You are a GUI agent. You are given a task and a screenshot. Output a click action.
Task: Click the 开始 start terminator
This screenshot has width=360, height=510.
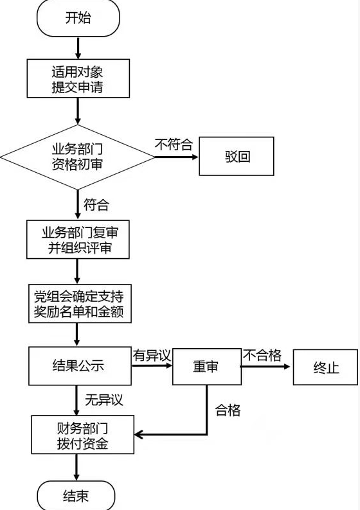pos(78,17)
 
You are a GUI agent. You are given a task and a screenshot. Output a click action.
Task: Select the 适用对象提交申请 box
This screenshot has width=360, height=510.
pos(78,78)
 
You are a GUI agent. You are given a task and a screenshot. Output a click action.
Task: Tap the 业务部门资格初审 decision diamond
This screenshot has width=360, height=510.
pos(78,157)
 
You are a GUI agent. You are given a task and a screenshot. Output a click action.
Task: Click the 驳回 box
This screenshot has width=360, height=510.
pos(237,156)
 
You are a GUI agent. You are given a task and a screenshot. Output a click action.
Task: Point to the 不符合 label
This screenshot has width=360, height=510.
pos(174,144)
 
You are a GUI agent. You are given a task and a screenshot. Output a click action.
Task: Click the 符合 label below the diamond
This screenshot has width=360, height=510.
pos(96,205)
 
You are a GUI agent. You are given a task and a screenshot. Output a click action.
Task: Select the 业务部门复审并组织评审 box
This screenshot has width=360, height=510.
pos(78,240)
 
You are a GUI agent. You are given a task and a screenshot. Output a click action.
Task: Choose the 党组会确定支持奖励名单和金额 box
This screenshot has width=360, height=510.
pos(80,303)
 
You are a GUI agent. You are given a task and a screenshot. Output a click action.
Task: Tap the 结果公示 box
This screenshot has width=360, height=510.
pos(80,366)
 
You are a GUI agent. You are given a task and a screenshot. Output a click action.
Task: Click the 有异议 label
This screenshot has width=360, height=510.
pos(152,355)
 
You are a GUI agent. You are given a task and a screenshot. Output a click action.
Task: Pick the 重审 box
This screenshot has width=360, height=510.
pos(207,367)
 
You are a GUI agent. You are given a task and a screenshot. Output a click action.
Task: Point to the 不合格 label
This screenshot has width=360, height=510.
pos(262,355)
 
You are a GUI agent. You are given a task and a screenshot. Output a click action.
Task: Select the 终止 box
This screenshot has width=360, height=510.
pos(325,367)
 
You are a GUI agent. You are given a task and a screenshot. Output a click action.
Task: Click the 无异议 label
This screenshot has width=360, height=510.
pos(104,400)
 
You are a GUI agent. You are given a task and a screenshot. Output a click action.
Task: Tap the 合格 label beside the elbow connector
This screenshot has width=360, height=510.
pos(228,410)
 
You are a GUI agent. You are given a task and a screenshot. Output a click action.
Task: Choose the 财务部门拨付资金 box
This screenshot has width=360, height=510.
pos(83,435)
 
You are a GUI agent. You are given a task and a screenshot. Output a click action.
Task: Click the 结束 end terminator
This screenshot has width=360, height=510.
pos(76,496)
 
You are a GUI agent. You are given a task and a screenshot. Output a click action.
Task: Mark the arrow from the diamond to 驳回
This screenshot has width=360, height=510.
pos(176,157)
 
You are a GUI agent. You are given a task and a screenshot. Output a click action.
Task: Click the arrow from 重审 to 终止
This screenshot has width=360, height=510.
pos(265,367)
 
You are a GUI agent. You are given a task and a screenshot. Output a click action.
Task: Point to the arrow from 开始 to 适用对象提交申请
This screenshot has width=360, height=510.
pos(78,48)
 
